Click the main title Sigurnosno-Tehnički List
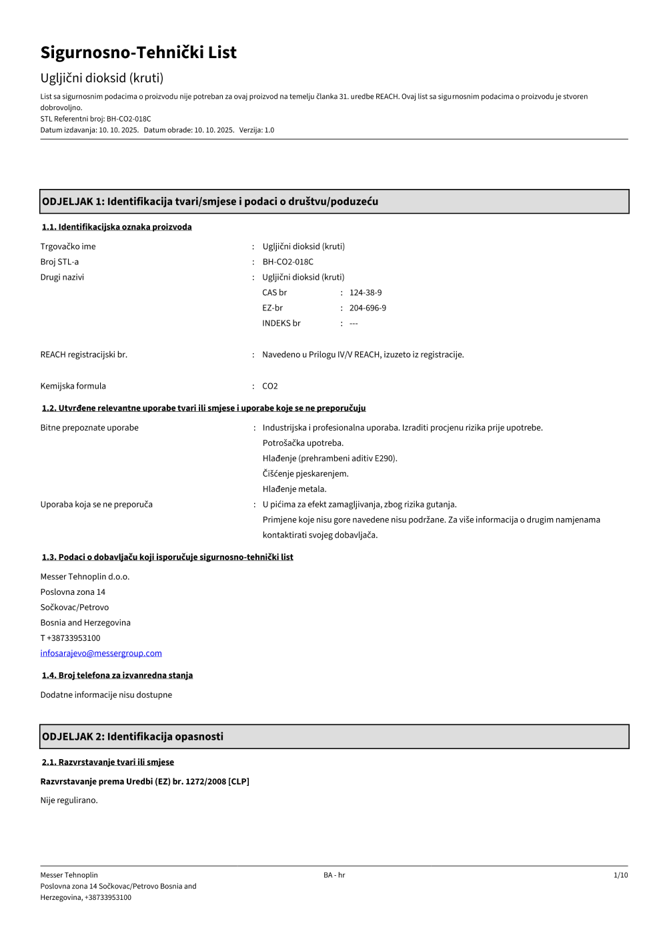[x=138, y=52]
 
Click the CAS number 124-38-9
[x=366, y=292]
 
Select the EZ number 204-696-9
[x=368, y=308]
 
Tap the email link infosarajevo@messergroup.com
[x=101, y=653]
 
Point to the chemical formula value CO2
[x=270, y=386]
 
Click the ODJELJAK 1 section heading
[x=210, y=202]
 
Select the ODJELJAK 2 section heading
[x=133, y=736]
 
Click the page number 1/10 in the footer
[x=620, y=875]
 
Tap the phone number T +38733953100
[x=70, y=638]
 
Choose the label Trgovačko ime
[x=68, y=246]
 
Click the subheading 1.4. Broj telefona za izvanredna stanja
[x=117, y=675]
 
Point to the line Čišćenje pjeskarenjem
[x=305, y=473]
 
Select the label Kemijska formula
[x=73, y=386]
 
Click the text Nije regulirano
[x=69, y=800]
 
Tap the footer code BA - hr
[x=334, y=875]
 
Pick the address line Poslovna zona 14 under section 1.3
[x=73, y=592]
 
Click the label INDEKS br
[x=281, y=323]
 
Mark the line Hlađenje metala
[x=294, y=489]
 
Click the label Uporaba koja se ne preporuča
[x=96, y=504]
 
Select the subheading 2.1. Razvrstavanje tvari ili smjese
[x=108, y=762]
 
